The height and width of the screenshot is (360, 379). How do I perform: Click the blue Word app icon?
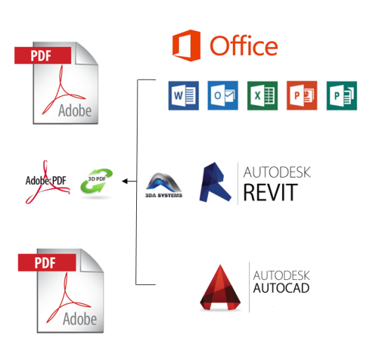tap(183, 95)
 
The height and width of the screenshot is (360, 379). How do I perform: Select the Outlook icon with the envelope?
tap(223, 95)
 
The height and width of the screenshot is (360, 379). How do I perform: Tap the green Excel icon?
tap(262, 95)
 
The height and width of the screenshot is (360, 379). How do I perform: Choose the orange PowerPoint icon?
tap(302, 95)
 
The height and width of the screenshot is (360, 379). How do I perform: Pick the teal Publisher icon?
tap(342, 95)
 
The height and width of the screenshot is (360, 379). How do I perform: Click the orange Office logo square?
tap(187, 46)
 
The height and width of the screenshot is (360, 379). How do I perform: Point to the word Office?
tap(244, 46)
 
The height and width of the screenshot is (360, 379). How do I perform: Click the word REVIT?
tap(270, 192)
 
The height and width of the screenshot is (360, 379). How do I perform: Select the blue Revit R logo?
tap(215, 182)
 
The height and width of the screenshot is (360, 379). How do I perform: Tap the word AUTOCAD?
tap(281, 288)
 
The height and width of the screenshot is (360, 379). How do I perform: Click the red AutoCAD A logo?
tap(220, 287)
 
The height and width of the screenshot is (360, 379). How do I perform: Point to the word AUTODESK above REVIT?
tap(277, 172)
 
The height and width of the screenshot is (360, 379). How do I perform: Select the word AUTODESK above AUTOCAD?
tap(281, 275)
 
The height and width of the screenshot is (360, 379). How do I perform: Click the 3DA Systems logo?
tap(164, 185)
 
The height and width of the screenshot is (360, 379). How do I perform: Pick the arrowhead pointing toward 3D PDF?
tap(125, 181)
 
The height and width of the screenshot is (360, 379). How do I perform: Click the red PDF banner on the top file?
tap(43, 55)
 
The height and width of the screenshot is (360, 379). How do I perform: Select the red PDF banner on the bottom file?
tap(47, 262)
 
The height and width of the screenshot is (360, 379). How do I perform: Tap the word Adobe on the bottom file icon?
tap(80, 319)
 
